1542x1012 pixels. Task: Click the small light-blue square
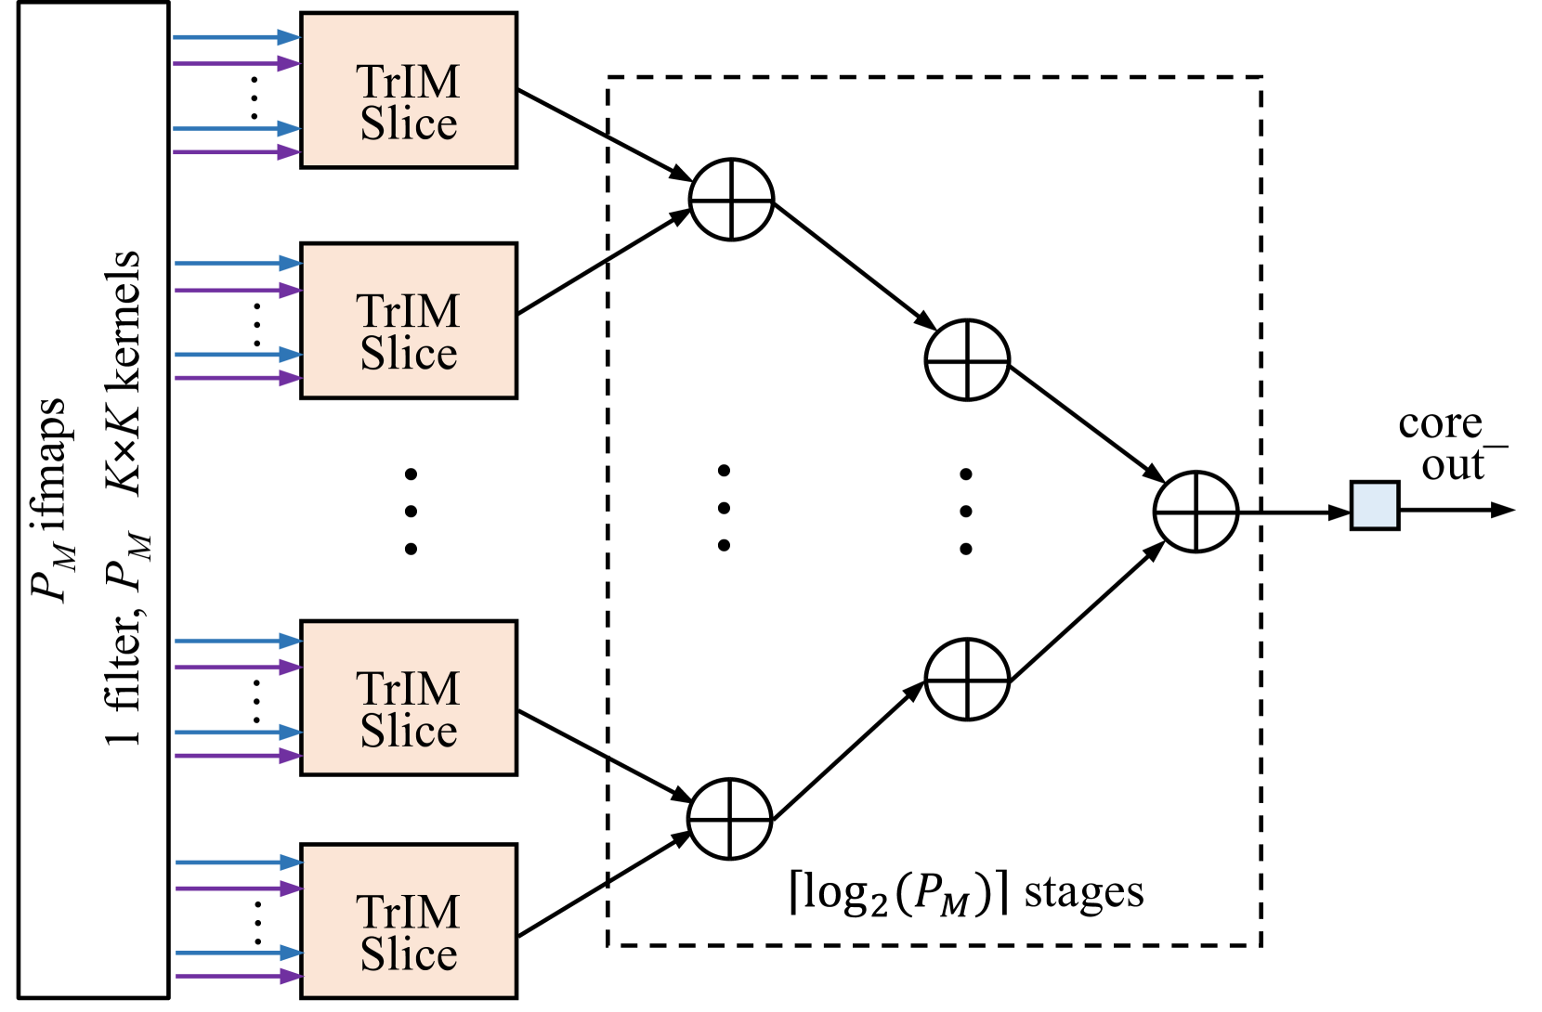coord(1374,505)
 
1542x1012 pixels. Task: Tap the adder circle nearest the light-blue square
coord(1196,512)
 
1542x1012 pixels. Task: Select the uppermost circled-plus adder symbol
coord(732,200)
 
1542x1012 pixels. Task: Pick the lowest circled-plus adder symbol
coord(730,819)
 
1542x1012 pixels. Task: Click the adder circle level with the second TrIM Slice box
coord(967,360)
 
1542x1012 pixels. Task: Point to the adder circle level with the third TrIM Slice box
coord(967,680)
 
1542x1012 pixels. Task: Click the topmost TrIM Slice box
coord(409,90)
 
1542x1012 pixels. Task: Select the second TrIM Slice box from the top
coord(409,320)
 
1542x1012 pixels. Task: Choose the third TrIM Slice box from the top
coord(409,697)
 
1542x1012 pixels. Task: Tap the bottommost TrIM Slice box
coord(409,920)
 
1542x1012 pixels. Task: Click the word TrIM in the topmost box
coord(408,82)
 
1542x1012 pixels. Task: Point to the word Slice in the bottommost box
coord(409,954)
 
